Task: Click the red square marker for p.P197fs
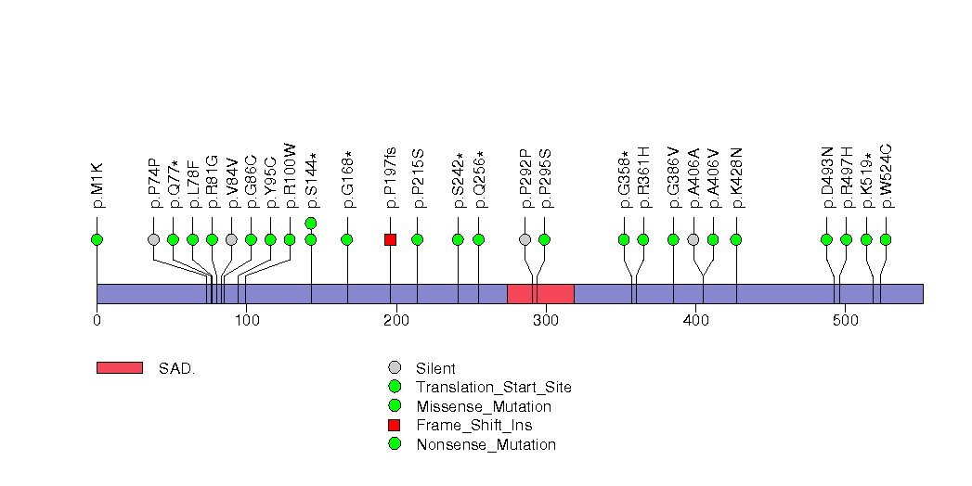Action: tap(390, 239)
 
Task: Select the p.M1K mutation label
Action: tap(97, 185)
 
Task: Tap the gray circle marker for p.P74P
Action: tap(153, 239)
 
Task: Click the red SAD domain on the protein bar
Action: tap(540, 293)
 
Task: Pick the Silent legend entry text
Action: tap(435, 368)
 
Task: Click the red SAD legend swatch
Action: tap(119, 368)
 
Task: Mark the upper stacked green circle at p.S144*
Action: tap(311, 223)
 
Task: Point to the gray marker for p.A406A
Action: tap(693, 239)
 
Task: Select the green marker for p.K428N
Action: tap(736, 239)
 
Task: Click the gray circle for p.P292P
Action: tap(525, 239)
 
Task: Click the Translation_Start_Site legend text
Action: tap(494, 387)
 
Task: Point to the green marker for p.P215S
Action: tap(417, 239)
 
